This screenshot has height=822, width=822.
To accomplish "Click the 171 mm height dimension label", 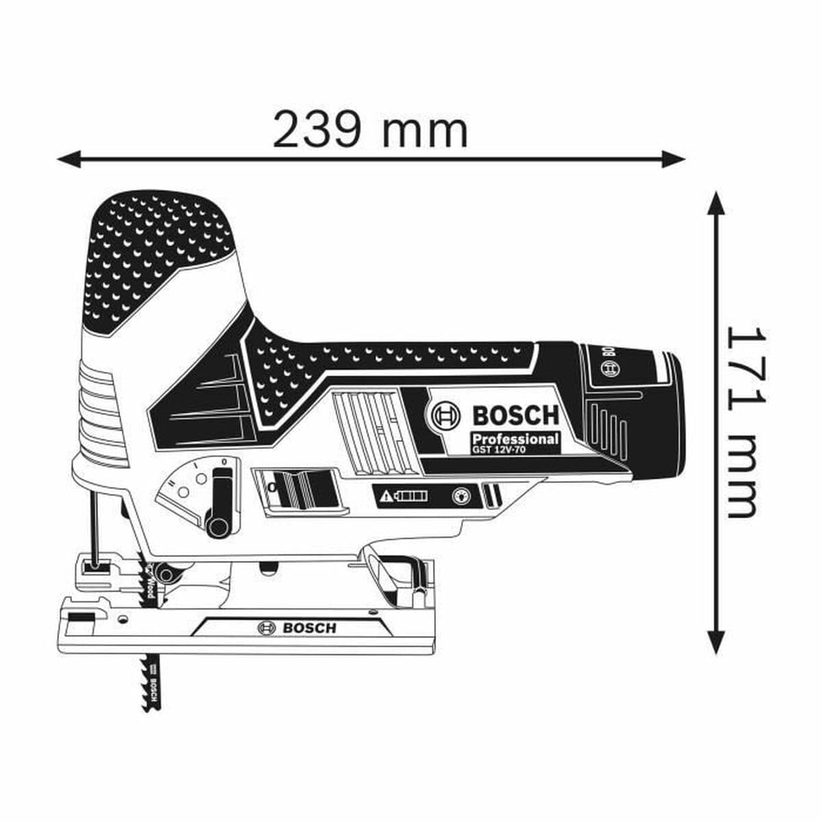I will pos(741,421).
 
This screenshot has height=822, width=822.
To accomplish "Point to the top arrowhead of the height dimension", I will pos(716,203).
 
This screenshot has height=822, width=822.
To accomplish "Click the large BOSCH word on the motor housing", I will pos(516,415).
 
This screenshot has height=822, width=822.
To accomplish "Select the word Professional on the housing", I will pos(514,438).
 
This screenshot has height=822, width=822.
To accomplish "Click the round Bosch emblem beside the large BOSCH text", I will pos(446,415).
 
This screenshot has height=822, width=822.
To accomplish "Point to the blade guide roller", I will pos(164,570).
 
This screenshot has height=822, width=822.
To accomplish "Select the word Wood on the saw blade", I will pos(150,582).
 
